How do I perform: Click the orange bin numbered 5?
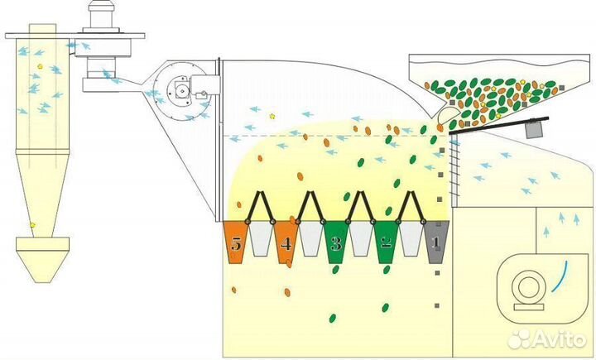pyautogui.click(x=236, y=242)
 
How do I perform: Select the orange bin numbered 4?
pyautogui.click(x=286, y=242)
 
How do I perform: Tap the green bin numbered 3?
pyautogui.click(x=336, y=242)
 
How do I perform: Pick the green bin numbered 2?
pyautogui.click(x=387, y=242)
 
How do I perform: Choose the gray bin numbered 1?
pyautogui.click(x=436, y=242)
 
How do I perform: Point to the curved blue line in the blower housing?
pyautogui.click(x=560, y=276)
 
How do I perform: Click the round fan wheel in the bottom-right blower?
pyautogui.click(x=529, y=287)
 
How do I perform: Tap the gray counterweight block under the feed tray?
pyautogui.click(x=535, y=130)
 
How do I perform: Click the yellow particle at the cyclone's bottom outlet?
pyautogui.click(x=32, y=225)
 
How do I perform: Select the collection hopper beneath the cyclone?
pyautogui.click(x=42, y=260)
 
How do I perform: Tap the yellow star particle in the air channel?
pyautogui.click(x=272, y=117)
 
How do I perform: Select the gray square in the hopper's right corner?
pyautogui.click(x=562, y=88)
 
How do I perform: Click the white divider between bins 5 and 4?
pyautogui.click(x=261, y=238)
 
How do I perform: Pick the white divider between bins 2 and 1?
pyautogui.click(x=411, y=238)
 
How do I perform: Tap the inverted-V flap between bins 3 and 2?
pyautogui.click(x=360, y=205)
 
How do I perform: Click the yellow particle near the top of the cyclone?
pyautogui.click(x=40, y=66)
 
